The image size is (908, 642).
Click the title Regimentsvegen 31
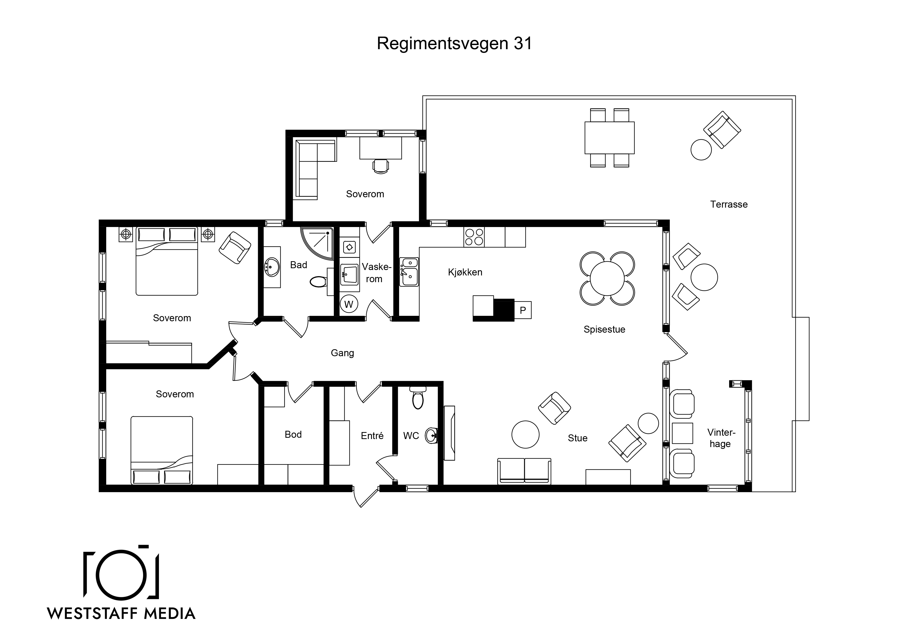pos(455,43)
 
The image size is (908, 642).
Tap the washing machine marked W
pos(349,304)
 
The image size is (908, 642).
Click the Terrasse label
pos(729,205)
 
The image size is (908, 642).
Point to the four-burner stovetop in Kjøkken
pos(474,237)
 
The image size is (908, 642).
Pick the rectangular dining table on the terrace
pos(609,138)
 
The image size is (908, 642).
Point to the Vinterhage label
pos(721,438)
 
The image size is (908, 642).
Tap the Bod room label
pos(293,434)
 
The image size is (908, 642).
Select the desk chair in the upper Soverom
pos(380,166)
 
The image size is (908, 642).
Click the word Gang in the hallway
pos(342,353)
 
